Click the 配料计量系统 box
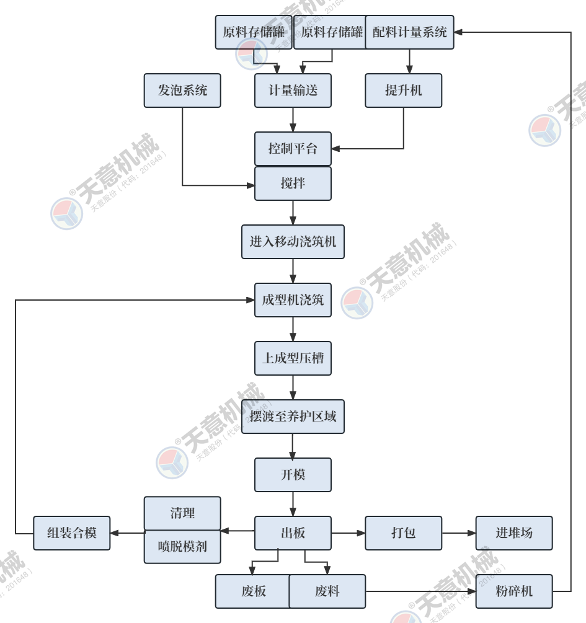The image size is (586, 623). pos(409,32)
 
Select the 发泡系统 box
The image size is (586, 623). pos(182,91)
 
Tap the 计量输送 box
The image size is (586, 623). pos(293,91)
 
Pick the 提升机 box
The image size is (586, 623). pos(403,91)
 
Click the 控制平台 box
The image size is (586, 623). pos(293,149)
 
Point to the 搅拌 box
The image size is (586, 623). pos(293,183)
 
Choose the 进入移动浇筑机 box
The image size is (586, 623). pos(293,242)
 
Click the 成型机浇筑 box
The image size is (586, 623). pos(293,300)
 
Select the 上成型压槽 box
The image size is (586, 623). pos(293,358)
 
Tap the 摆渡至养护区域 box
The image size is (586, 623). pos(293,417)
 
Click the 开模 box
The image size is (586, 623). pos(293,475)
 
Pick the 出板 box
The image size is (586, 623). pos(293,533)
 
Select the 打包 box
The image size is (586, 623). pos(403,533)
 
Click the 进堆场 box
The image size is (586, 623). pos(513,533)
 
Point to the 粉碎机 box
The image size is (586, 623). pos(513,591)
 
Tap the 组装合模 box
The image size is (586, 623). pos(72,533)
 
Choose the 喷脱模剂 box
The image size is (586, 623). pos(182,547)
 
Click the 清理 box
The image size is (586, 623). pos(182,513)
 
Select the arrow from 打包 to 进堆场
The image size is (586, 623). pos(459,533)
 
